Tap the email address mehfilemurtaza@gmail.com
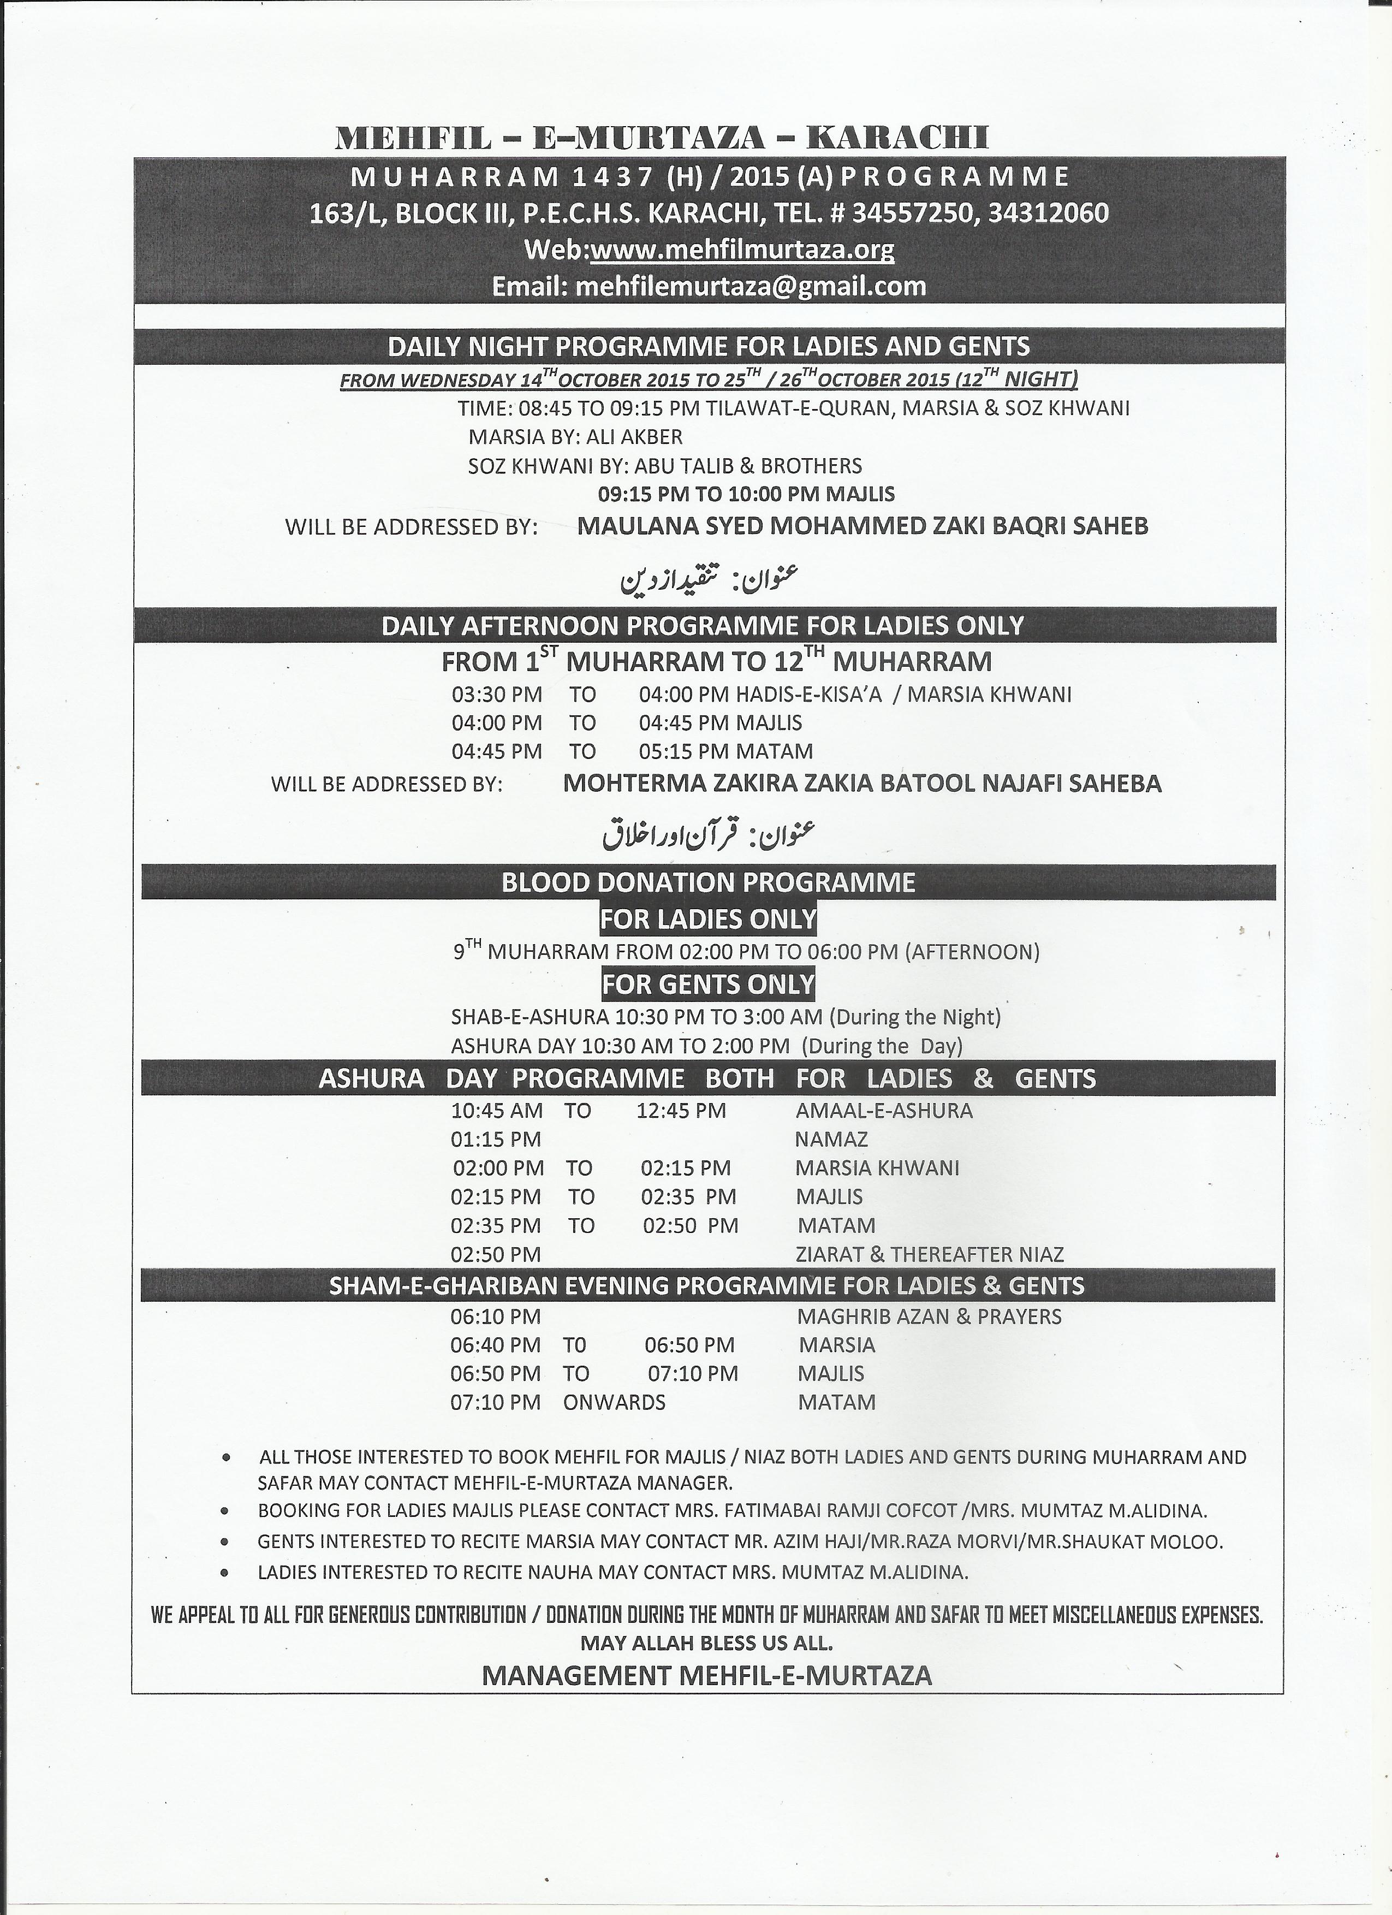tap(751, 286)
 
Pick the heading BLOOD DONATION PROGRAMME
tap(708, 882)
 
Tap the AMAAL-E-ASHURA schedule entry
tap(884, 1110)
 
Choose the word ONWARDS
tap(615, 1402)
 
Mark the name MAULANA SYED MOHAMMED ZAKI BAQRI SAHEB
tap(862, 526)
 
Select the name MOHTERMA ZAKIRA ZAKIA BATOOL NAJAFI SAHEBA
tap(862, 784)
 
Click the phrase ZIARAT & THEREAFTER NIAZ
tap(930, 1255)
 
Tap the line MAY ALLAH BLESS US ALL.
tap(706, 1643)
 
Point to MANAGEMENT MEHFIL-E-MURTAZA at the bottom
tap(706, 1676)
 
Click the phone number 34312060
tap(1048, 214)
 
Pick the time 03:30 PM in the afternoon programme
tap(496, 695)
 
